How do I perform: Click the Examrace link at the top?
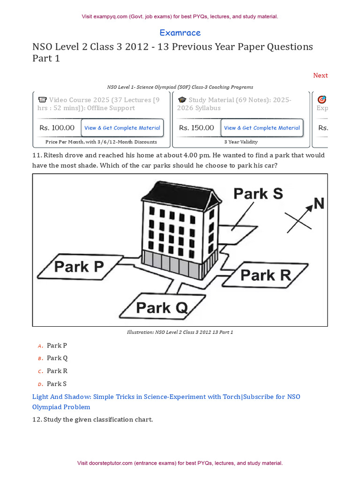pos(180,33)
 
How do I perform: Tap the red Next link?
pos(320,75)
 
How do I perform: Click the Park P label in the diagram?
pos(79,267)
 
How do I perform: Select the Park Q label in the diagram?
pos(162,308)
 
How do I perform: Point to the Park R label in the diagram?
pos(266,275)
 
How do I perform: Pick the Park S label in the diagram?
pos(258,194)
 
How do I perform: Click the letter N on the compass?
pos(319,203)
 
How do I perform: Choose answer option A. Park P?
pos(57,345)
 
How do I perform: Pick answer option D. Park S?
pos(57,383)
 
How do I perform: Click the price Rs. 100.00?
pos(57,127)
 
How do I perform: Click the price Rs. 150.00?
pos(196,127)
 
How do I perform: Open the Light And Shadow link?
pos(166,402)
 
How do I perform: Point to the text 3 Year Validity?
pos(241,142)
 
